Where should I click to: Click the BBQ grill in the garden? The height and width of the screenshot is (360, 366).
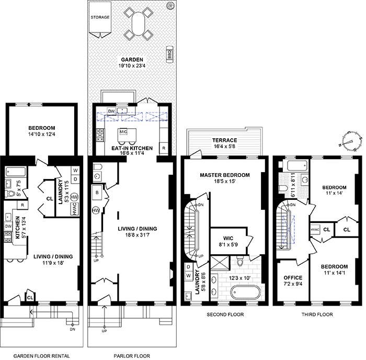click(x=170, y=54)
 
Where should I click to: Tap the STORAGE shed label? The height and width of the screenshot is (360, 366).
click(x=100, y=17)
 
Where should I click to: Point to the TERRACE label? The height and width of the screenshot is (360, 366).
click(x=224, y=140)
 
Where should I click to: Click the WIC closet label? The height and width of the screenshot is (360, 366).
click(x=228, y=238)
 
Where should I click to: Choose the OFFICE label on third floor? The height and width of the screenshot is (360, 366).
click(x=293, y=278)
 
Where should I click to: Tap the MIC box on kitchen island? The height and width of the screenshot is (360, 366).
click(x=123, y=132)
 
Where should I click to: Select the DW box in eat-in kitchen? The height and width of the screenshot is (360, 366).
click(x=111, y=111)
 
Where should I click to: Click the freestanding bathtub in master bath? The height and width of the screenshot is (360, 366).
click(x=245, y=292)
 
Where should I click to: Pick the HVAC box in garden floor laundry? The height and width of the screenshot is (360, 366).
click(x=75, y=209)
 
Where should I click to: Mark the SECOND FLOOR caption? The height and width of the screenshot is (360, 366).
click(x=225, y=314)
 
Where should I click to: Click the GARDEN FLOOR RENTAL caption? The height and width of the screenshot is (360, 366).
click(x=41, y=356)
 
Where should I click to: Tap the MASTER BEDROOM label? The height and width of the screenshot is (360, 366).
click(x=225, y=175)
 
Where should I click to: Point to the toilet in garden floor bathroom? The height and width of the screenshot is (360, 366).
click(x=10, y=194)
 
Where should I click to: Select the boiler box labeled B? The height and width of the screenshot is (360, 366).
click(x=97, y=193)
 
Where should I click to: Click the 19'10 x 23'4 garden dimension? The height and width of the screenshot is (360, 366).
click(x=132, y=65)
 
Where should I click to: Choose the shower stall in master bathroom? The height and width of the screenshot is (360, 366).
click(x=220, y=263)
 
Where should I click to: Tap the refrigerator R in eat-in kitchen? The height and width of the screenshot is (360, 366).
click(x=164, y=148)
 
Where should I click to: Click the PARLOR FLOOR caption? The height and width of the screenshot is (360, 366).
click(x=132, y=356)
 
